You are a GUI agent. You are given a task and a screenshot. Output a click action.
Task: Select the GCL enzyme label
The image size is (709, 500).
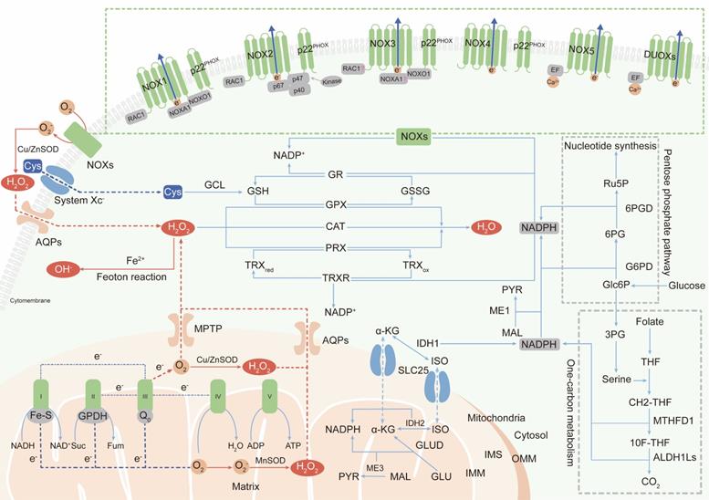pyautogui.click(x=214, y=182)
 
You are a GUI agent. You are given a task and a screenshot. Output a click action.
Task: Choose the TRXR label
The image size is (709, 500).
pyautogui.click(x=336, y=276)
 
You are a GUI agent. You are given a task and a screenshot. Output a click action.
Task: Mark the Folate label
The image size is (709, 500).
pyautogui.click(x=650, y=323)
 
